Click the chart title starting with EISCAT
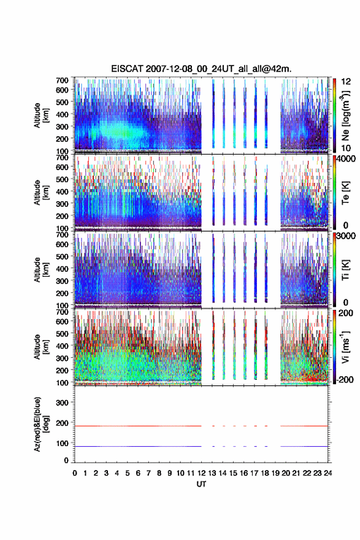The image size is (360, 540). point(201,69)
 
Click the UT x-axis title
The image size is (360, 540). point(201,484)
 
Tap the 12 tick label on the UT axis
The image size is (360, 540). point(201,473)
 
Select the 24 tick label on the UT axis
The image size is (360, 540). point(328,473)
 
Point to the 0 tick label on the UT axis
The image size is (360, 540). point(75,473)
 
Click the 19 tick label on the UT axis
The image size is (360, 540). point(275,473)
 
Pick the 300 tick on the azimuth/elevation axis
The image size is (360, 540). point(62,403)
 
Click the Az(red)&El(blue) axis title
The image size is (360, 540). point(41,424)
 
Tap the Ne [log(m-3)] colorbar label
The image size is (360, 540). point(346,116)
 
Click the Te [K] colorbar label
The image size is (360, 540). point(345,193)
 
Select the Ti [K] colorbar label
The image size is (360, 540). point(345,270)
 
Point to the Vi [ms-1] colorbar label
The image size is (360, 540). point(345,347)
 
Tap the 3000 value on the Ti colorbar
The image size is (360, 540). point(346,236)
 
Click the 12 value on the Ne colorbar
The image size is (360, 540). point(346,82)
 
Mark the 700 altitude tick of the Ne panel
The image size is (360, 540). point(62,80)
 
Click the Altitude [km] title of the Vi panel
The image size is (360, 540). point(41,347)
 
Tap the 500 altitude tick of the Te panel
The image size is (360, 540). point(62,179)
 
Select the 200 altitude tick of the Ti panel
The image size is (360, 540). point(62,293)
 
